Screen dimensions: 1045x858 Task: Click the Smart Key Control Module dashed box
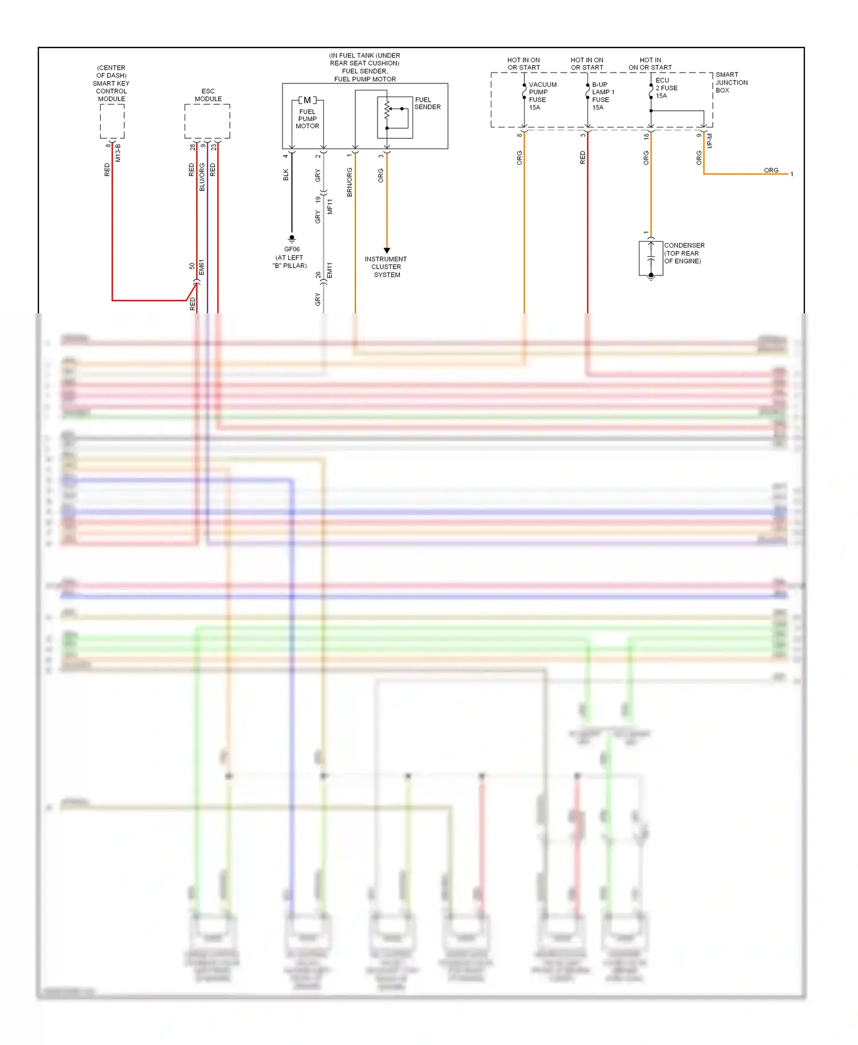tap(112, 121)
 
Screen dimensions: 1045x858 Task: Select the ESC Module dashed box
tap(207, 121)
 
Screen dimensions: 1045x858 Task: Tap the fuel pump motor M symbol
tap(307, 100)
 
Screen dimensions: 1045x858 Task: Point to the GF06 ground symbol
tap(292, 238)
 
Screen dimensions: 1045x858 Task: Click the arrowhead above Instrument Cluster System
tap(387, 250)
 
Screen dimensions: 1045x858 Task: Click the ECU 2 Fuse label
tap(666, 88)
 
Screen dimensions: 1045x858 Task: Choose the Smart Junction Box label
tap(731, 82)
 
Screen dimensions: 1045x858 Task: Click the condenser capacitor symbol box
tap(651, 258)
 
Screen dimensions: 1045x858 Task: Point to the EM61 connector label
tap(201, 266)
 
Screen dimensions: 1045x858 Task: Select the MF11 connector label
tap(330, 206)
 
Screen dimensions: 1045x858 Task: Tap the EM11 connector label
tap(329, 270)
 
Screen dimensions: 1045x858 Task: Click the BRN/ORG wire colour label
tap(349, 182)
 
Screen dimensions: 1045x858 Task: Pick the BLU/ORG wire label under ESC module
tap(202, 177)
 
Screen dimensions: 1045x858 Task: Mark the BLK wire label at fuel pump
tap(286, 175)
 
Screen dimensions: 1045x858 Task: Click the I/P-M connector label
tap(710, 141)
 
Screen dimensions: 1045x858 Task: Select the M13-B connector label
tap(118, 152)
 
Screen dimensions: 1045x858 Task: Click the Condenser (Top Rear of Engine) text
tap(684, 253)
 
